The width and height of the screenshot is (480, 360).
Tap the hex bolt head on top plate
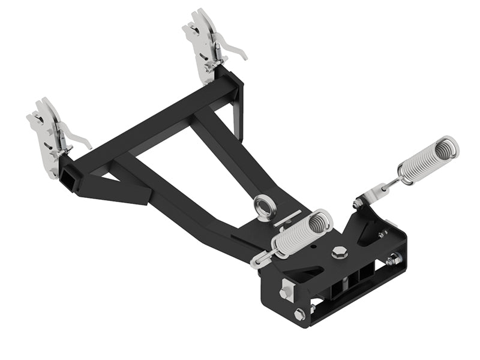[339, 251]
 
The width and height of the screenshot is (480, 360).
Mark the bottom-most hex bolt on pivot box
[299, 313]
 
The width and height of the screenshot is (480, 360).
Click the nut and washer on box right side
[393, 260]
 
